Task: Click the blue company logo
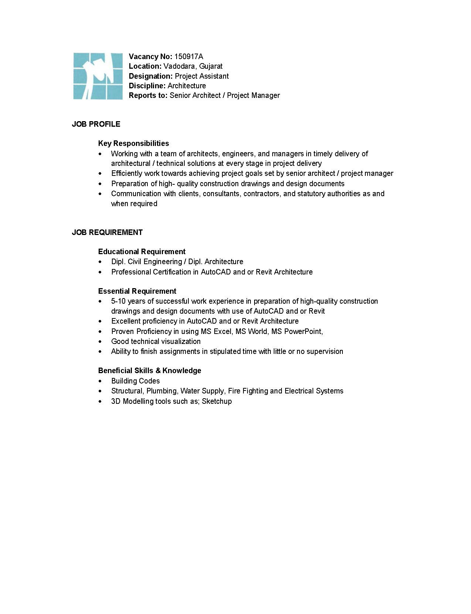coord(98,76)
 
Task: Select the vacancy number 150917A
coord(188,57)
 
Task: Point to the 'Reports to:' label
coord(148,96)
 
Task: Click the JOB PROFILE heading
coord(96,124)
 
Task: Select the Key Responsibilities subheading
coord(133,143)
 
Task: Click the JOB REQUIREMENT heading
coord(107,232)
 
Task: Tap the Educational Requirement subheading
coord(141,252)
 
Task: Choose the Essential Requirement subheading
coord(137,291)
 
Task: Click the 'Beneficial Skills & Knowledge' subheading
coord(150,371)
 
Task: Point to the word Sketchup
coord(217,401)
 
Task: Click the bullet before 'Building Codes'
coord(100,381)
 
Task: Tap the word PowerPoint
coord(303,331)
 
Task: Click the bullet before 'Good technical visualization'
coord(100,342)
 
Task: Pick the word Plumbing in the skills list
coord(161,391)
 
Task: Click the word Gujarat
coord(211,66)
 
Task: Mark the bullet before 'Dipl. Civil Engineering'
coord(100,262)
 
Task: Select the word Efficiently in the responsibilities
coord(127,174)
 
